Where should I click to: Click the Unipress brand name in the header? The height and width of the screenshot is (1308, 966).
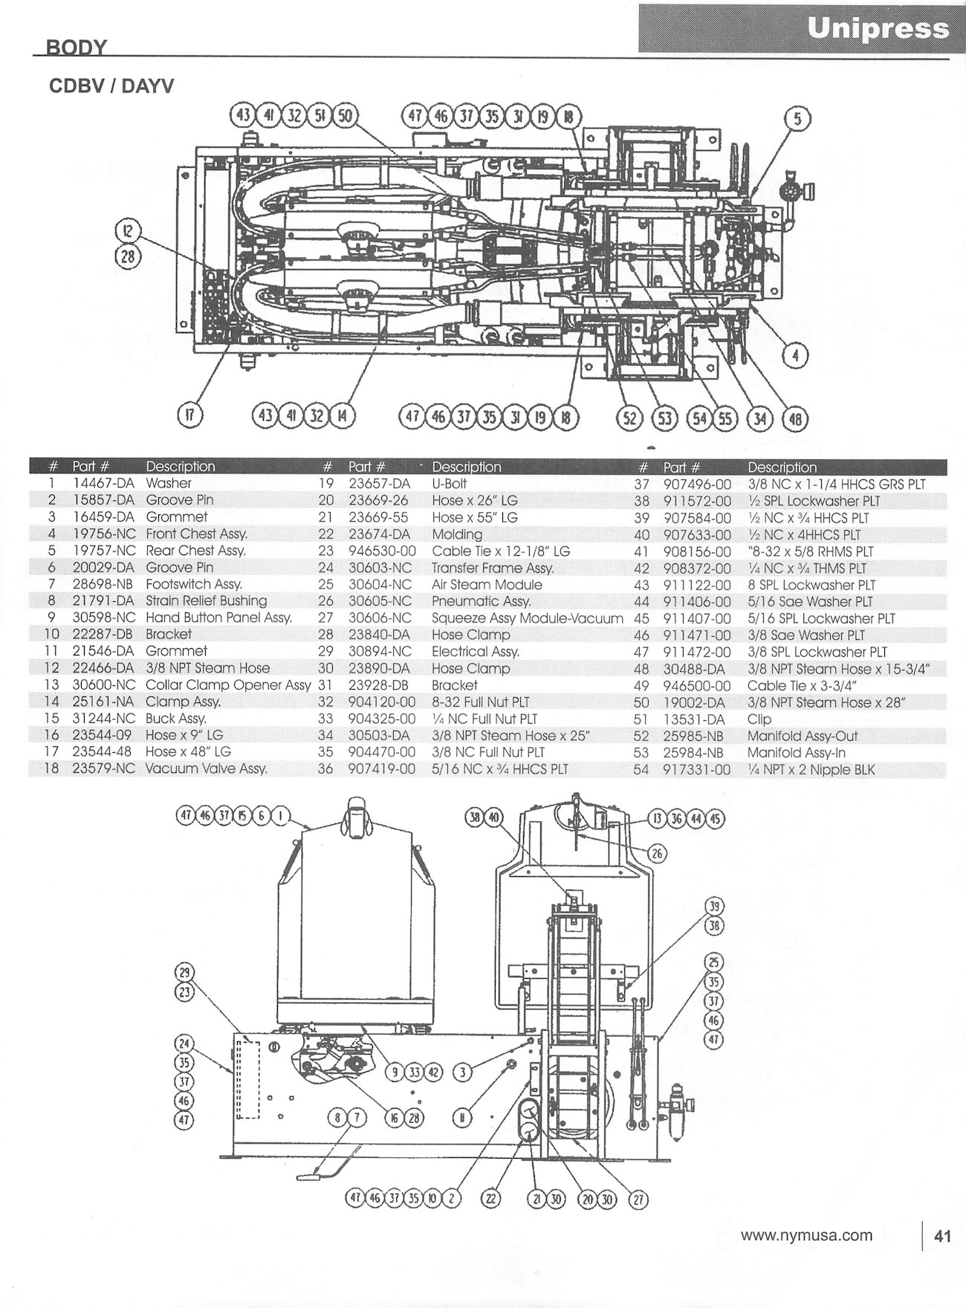point(878,28)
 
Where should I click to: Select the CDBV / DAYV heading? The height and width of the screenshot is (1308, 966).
point(111,86)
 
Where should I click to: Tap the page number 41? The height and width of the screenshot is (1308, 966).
point(942,1236)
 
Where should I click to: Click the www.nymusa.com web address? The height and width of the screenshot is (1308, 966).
point(806,1235)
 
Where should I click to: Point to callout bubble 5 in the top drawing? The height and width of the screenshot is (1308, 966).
point(797,119)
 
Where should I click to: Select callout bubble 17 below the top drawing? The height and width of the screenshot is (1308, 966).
point(190,415)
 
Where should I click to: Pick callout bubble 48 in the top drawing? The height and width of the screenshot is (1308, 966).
point(796,418)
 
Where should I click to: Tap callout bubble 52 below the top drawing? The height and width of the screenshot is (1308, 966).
point(629,418)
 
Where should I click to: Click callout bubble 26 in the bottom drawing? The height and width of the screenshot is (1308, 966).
point(657,852)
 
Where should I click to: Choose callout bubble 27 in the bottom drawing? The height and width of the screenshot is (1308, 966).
point(639,1198)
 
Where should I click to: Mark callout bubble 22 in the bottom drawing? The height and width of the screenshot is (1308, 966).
point(491,1198)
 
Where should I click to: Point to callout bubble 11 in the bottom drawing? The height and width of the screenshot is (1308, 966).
point(461,1118)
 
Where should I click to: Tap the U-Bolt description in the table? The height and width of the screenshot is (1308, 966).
point(449,484)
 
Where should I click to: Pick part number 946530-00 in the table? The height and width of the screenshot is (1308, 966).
point(382,551)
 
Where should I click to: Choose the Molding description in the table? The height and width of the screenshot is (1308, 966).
point(456,534)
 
